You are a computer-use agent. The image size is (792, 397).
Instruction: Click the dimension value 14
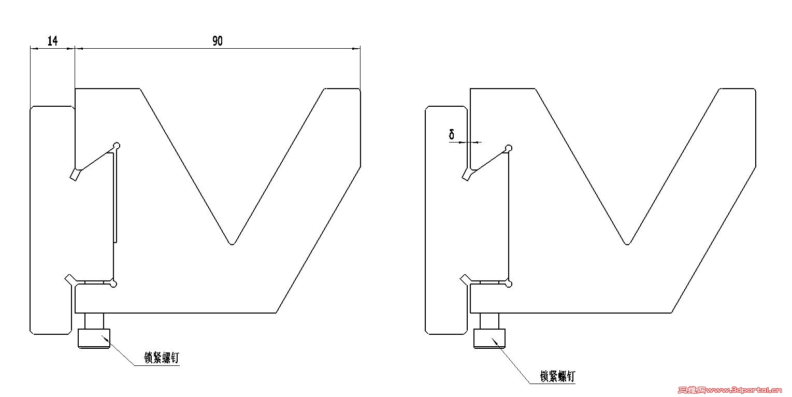(x=52, y=41)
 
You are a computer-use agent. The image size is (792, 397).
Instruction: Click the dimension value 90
(x=218, y=41)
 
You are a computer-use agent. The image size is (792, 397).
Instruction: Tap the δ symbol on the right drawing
(x=452, y=134)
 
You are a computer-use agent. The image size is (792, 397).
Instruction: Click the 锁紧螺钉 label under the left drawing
(x=162, y=358)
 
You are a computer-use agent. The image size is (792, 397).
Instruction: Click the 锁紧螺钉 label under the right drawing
(x=557, y=376)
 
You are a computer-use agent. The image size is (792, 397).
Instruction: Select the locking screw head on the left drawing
(x=94, y=338)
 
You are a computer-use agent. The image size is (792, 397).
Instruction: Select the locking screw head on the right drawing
(x=489, y=338)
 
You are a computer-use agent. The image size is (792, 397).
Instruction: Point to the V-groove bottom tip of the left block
(x=232, y=244)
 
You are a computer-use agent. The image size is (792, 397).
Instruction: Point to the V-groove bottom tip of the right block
(x=627, y=244)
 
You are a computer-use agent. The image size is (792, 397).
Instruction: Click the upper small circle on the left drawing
(x=117, y=146)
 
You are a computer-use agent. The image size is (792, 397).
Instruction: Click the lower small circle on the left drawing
(x=113, y=284)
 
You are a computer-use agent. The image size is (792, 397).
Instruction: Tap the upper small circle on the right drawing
(x=509, y=148)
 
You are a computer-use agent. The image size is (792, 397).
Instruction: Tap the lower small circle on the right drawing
(x=509, y=284)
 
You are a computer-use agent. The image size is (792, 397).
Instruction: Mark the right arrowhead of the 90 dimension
(x=356, y=49)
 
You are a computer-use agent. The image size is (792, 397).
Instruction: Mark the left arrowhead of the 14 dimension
(x=34, y=49)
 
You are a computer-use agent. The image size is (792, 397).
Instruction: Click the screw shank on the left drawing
(x=94, y=321)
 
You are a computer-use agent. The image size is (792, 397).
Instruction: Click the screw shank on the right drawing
(x=489, y=321)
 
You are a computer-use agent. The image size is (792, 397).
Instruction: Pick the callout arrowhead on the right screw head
(x=495, y=341)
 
